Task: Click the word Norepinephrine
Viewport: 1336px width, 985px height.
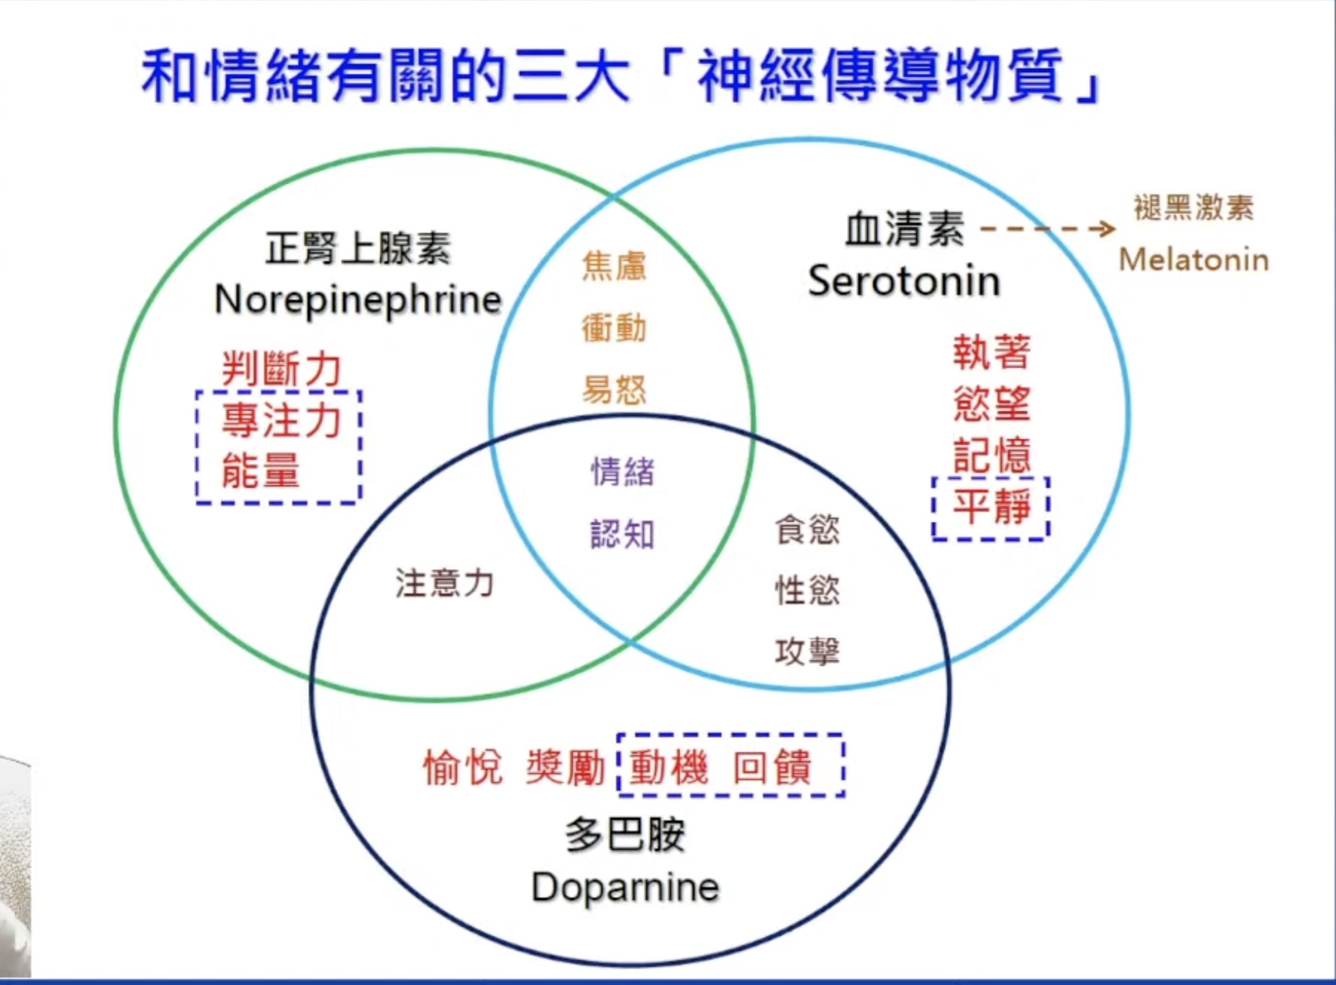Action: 358,301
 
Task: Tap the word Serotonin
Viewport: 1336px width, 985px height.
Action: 904,281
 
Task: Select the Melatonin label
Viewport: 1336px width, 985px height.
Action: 1193,260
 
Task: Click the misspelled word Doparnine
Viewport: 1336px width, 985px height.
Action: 626,887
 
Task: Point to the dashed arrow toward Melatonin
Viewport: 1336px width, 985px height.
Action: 1048,228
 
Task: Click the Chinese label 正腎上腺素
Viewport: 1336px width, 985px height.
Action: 358,248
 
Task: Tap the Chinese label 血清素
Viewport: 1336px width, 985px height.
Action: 905,228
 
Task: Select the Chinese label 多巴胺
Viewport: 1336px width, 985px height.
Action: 625,834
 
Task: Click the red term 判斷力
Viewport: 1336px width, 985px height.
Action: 281,369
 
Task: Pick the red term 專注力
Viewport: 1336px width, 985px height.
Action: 281,420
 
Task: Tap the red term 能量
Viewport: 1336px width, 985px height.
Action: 261,470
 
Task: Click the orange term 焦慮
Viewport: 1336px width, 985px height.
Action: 614,266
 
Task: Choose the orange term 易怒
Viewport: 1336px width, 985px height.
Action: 614,389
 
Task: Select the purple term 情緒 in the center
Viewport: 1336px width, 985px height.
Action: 622,472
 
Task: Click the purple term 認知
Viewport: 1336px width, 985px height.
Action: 622,534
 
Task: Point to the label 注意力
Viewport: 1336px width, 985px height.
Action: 444,583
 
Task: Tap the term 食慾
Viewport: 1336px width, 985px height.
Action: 808,530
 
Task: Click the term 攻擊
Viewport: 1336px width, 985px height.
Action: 808,651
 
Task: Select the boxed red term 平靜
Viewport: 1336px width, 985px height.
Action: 992,507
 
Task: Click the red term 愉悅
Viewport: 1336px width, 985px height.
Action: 463,767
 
